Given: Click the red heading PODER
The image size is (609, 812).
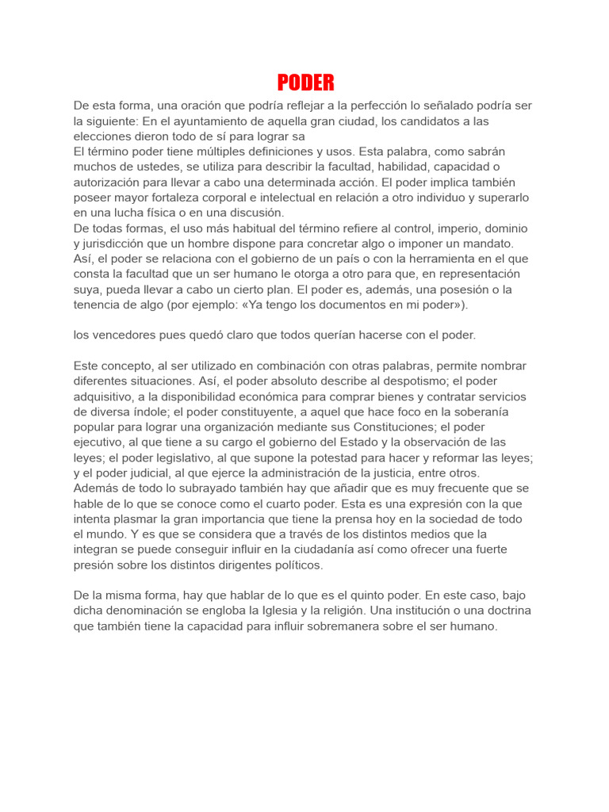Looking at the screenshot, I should (x=305, y=82).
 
